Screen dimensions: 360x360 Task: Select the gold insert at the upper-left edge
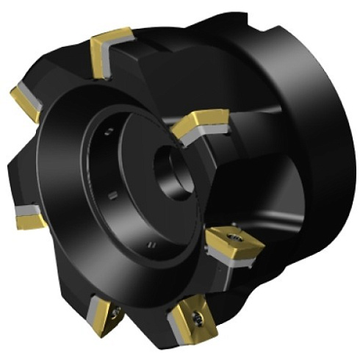[26, 103]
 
